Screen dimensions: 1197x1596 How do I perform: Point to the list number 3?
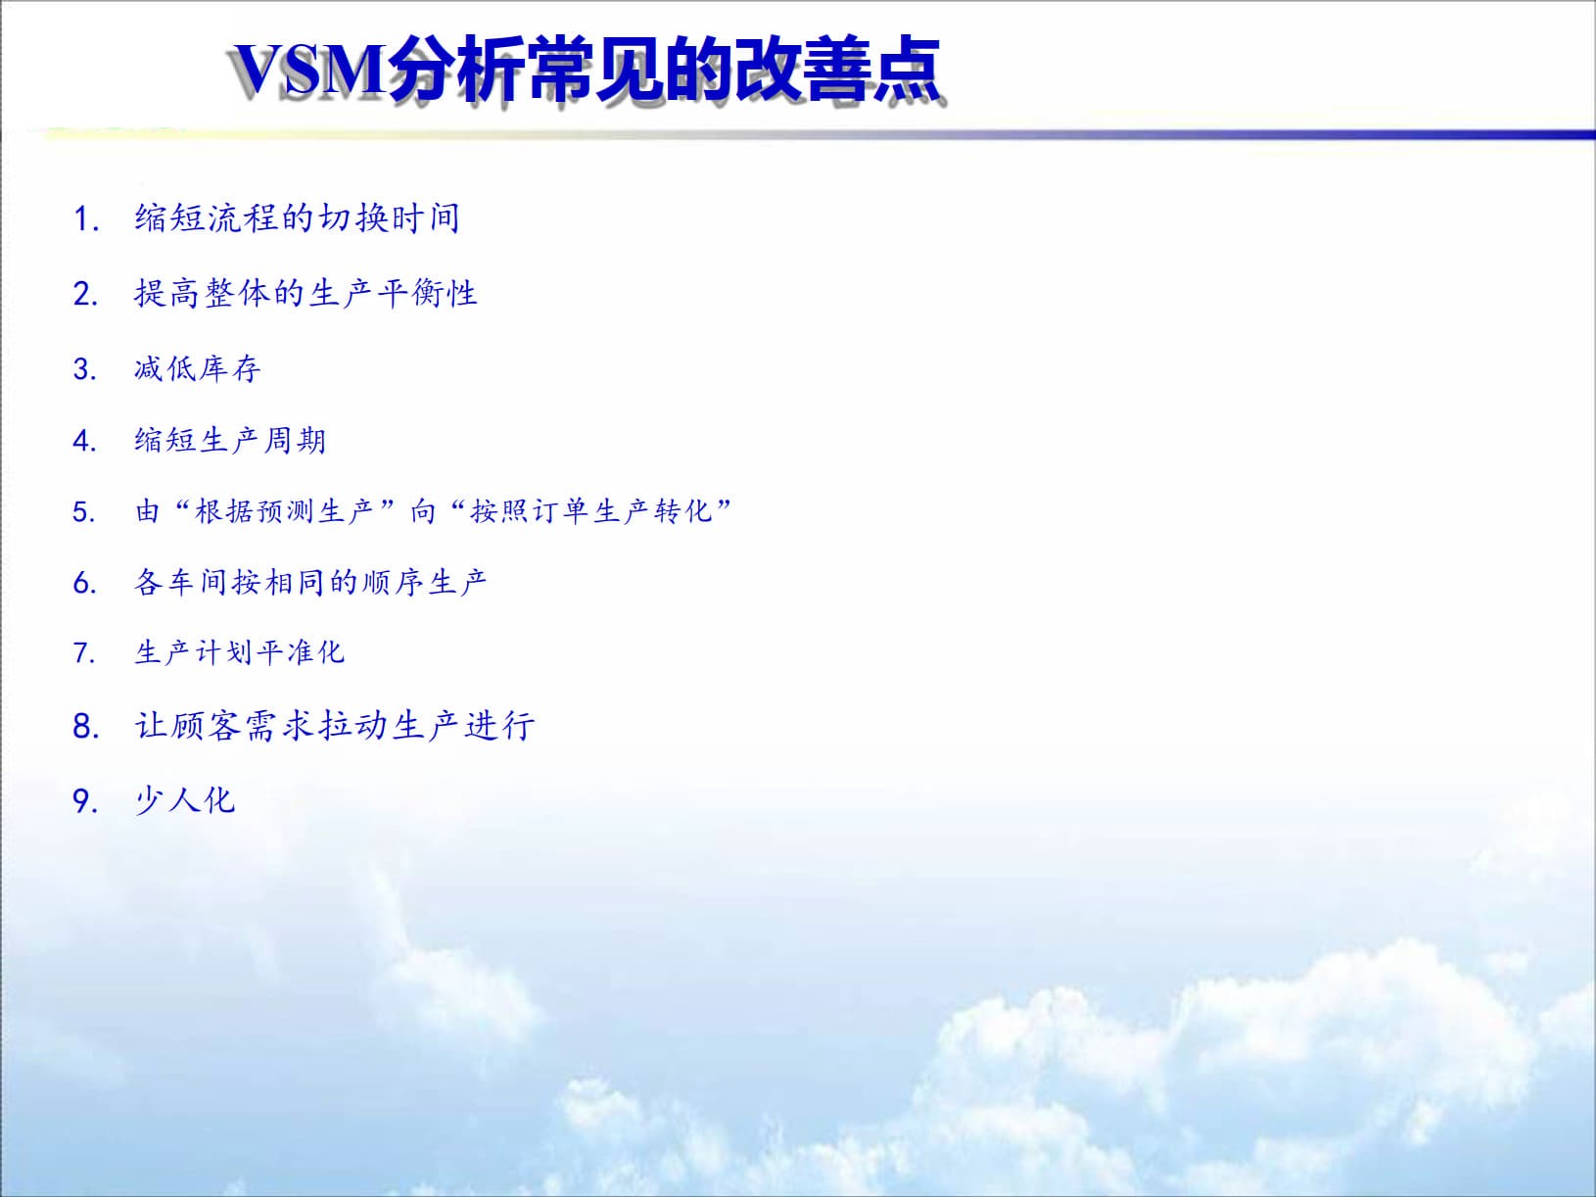85,369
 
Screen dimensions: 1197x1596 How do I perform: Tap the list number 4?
85,441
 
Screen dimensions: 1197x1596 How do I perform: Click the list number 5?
85,511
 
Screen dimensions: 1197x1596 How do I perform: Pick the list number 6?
85,583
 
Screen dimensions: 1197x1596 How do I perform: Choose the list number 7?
85,652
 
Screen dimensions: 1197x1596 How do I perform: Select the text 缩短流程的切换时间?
297,217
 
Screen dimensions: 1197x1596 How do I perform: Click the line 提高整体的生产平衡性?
305,293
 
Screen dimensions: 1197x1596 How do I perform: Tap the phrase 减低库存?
198,368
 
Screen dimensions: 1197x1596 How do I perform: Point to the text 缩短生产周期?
230,440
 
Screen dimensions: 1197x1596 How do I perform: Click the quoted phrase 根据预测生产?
285,510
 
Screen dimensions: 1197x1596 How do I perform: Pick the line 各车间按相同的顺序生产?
310,582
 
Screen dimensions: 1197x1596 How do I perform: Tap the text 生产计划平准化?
240,651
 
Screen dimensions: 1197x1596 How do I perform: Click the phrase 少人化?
185,800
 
